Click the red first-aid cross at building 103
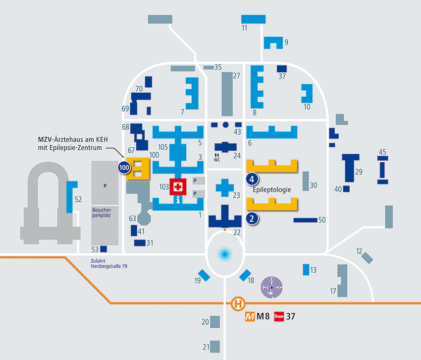coord(178,186)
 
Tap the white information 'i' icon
coord(178,199)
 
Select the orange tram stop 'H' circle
coord(238,304)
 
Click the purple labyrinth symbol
coord(272,288)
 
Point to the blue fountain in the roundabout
coord(225,254)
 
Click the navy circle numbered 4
coord(252,179)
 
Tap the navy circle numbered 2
coord(252,219)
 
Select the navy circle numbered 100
coord(124,168)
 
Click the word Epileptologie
coord(272,190)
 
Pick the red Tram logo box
coord(279,316)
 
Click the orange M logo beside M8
coord(250,317)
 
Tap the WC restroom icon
coord(217,157)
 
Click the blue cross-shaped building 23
coord(225,188)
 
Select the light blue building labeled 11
coord(254,19)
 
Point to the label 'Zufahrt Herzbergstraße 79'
coord(109,263)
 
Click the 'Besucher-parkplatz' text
coord(102,212)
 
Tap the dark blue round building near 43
coord(226,125)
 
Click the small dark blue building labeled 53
coord(104,249)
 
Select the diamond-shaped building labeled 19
coord(204,275)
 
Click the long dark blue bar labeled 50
coord(306,220)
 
